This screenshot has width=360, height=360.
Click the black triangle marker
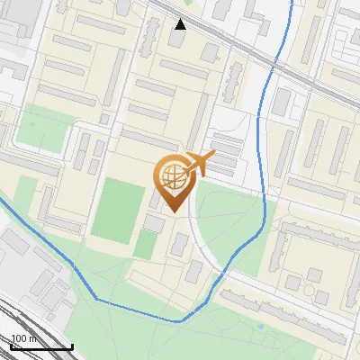[181, 24]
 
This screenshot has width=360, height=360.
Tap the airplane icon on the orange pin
[201, 164]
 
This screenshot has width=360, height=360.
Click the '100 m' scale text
[23, 338]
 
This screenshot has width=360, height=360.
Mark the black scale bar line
[41, 347]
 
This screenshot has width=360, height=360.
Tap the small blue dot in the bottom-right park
[261, 326]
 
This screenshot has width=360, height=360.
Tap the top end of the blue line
[291, 3]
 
